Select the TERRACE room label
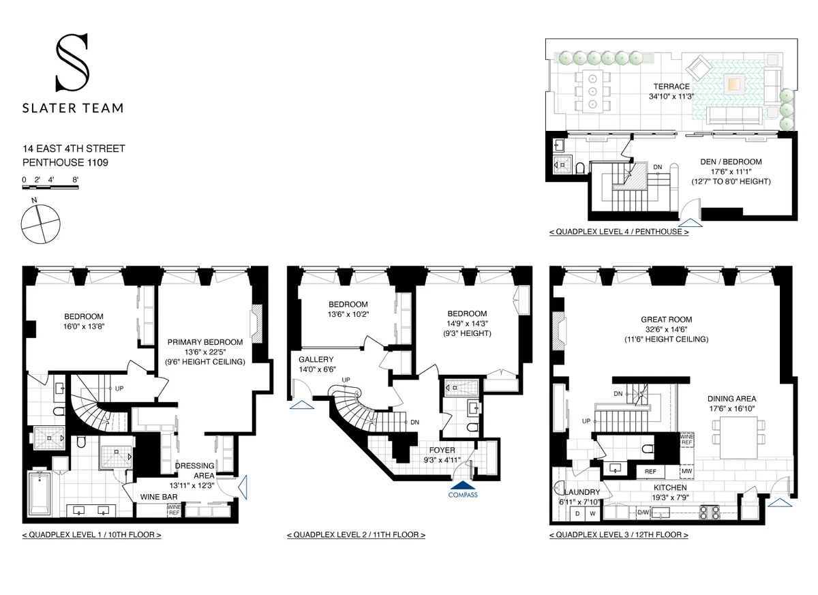pyautogui.click(x=671, y=87)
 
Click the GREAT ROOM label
pyautogui.click(x=666, y=319)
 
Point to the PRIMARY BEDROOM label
pyautogui.click(x=204, y=342)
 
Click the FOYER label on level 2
pyautogui.click(x=442, y=450)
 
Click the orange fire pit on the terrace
pyautogui.click(x=735, y=85)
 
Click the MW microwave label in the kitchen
pyautogui.click(x=686, y=472)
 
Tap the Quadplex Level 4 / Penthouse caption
pyautogui.click(x=618, y=232)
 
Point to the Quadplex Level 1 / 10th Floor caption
pyautogui.click(x=91, y=535)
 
